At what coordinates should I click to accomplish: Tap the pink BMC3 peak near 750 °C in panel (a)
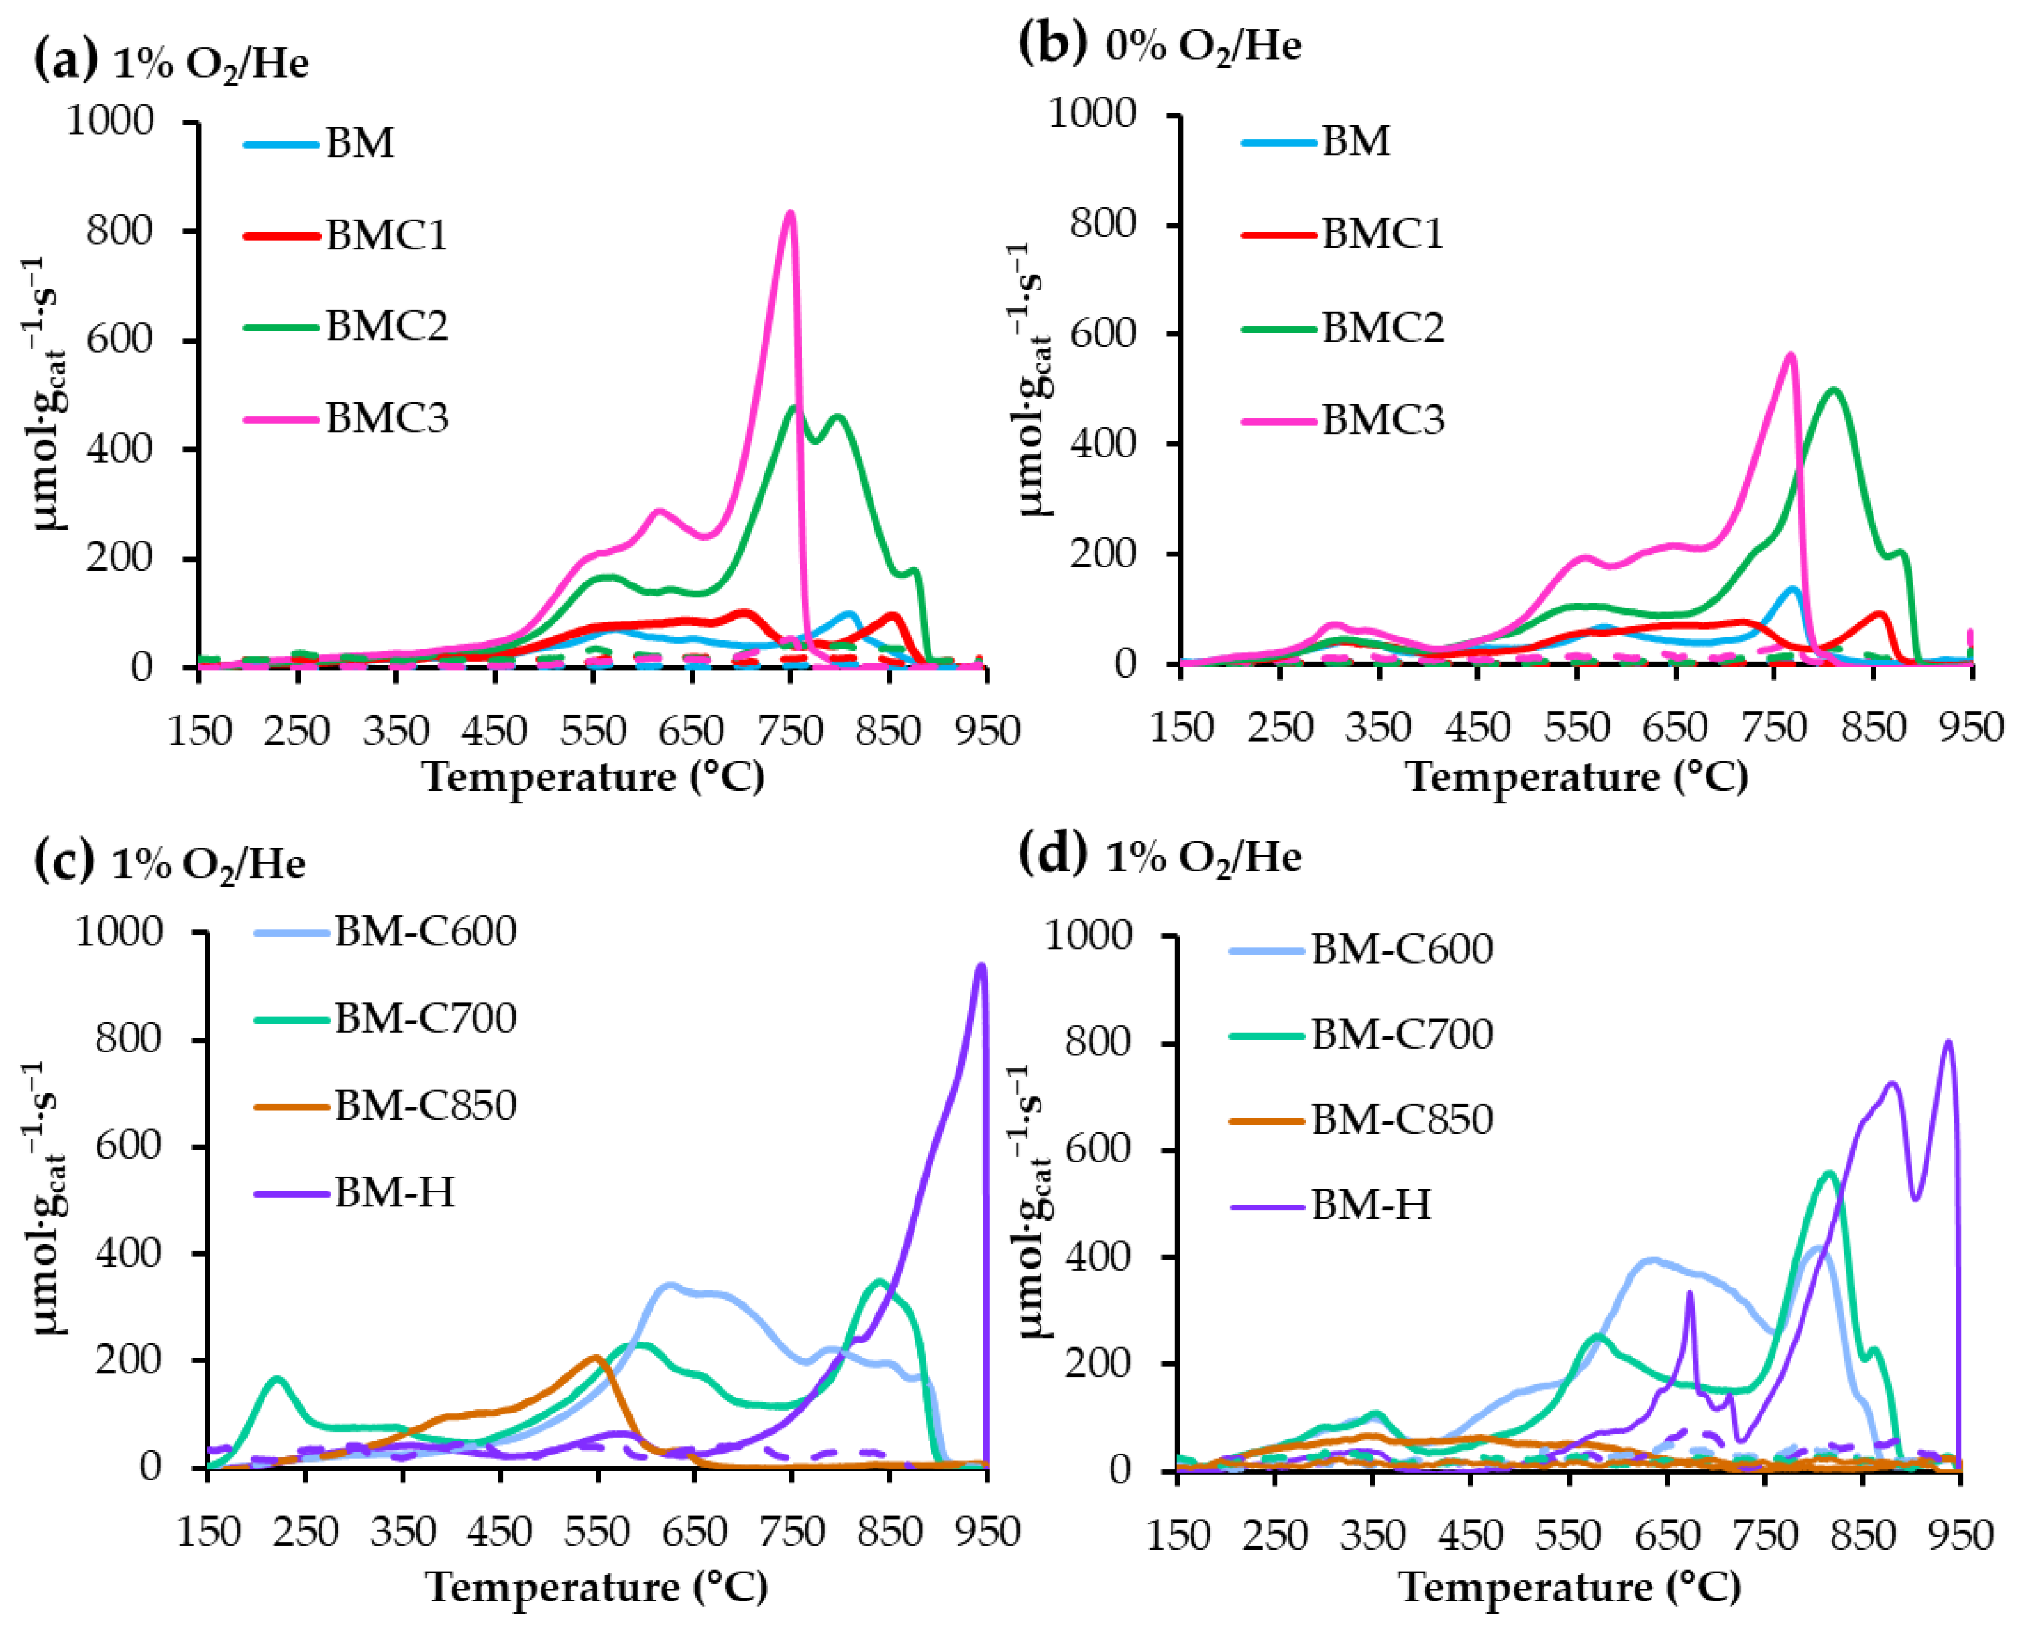(790, 213)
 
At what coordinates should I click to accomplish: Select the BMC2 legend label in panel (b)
(1382, 328)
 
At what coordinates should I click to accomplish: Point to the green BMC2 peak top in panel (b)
(1833, 390)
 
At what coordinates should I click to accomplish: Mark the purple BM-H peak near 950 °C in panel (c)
(981, 965)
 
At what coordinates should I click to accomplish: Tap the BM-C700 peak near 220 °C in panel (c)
(277, 1379)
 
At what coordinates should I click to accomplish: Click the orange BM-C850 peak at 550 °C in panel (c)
(596, 1356)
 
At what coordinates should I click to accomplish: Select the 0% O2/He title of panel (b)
(1203, 45)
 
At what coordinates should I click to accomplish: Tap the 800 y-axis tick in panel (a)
(119, 230)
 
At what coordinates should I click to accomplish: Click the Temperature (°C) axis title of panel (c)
(597, 1587)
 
